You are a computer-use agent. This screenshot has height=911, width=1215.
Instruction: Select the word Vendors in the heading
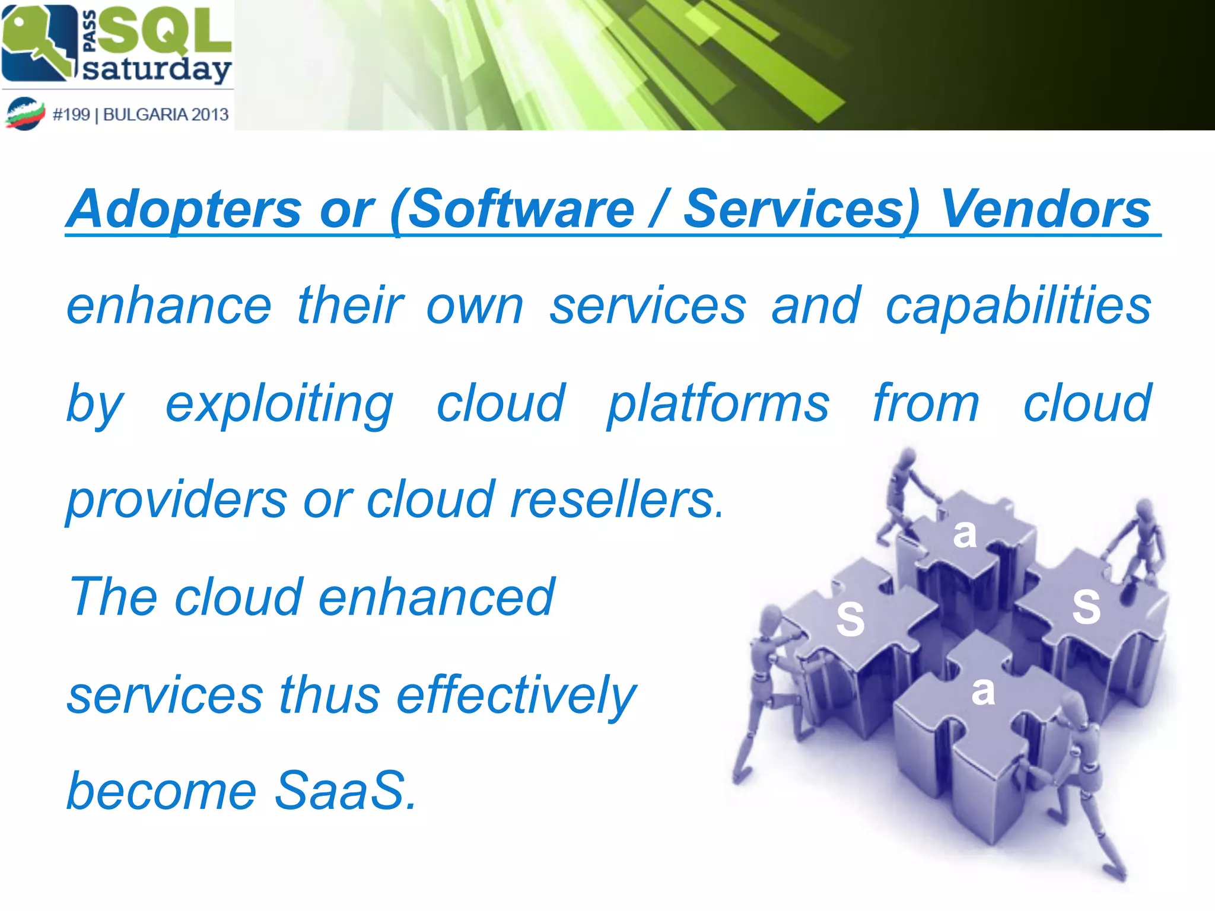[x=1045, y=209]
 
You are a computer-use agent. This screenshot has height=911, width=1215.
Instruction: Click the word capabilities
[x=1018, y=306]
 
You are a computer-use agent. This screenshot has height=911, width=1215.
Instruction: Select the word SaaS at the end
[x=344, y=791]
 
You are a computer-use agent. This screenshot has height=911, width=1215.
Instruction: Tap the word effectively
[x=516, y=695]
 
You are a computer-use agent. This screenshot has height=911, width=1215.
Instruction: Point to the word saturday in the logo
[x=157, y=69]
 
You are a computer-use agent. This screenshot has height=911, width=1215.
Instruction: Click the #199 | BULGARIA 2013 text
[x=140, y=114]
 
